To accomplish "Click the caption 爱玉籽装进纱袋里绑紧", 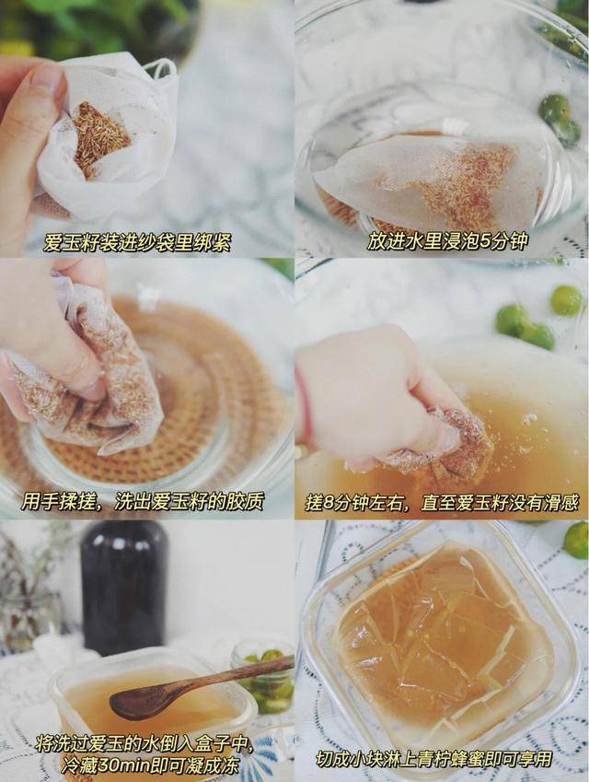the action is (137, 243).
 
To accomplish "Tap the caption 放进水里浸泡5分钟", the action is (447, 241).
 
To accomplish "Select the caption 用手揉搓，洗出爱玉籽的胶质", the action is (142, 501).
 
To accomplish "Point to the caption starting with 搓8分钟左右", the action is (442, 502).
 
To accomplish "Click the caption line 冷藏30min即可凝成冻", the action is (149, 764).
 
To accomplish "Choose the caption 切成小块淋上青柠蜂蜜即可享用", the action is (433, 760).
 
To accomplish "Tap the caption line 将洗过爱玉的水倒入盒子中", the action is (144, 743).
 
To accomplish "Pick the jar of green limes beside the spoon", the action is (263, 677).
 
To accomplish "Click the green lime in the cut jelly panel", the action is (577, 540).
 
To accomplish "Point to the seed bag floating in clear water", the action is (423, 177).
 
